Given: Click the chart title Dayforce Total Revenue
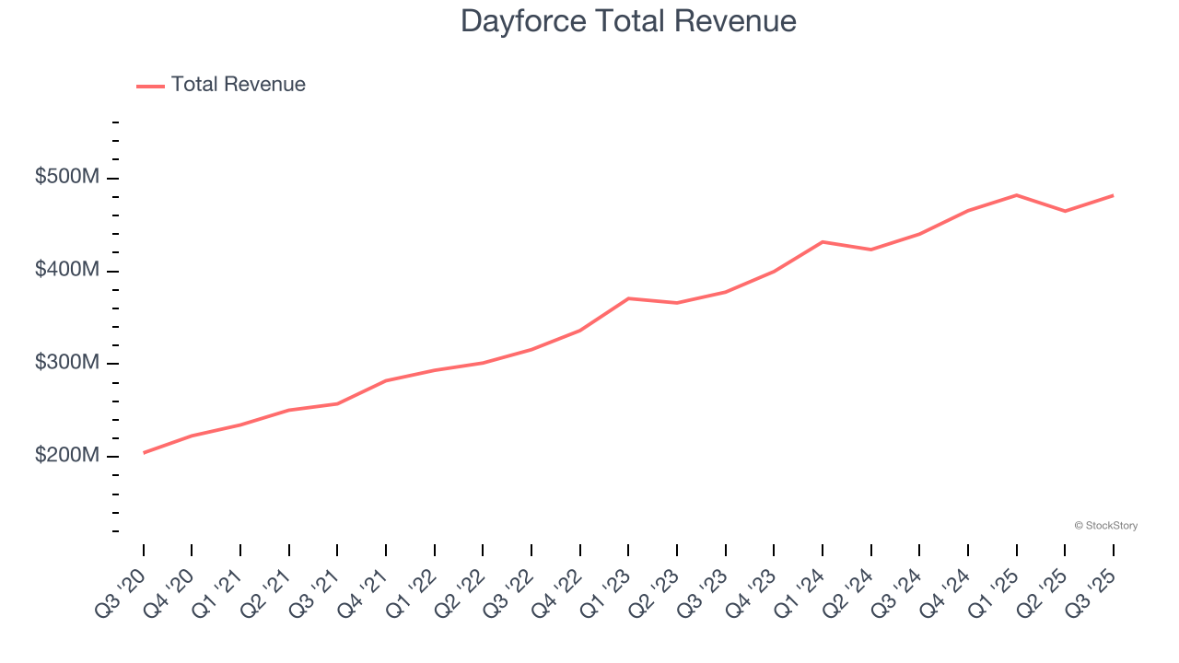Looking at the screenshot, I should (x=628, y=21).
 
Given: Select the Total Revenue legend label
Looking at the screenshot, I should (x=238, y=85).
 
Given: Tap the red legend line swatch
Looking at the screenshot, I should (x=150, y=86).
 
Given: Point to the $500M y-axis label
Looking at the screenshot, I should (x=66, y=177).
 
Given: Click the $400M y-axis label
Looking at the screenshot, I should (x=66, y=270).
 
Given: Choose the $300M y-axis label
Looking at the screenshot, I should (x=66, y=363).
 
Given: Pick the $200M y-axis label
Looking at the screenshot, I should (x=66, y=456).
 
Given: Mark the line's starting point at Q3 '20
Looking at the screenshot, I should (x=144, y=453).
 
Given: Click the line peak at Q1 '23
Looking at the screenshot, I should (x=628, y=298).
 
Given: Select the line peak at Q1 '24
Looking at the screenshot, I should (x=823, y=242).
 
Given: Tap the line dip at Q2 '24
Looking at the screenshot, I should (x=870, y=250).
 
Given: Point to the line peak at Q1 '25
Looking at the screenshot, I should (x=1016, y=195).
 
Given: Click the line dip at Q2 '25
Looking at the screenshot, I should (x=1065, y=212).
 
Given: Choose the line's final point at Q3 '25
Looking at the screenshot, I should (x=1113, y=195).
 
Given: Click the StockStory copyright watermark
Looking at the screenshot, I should (x=1105, y=526).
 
